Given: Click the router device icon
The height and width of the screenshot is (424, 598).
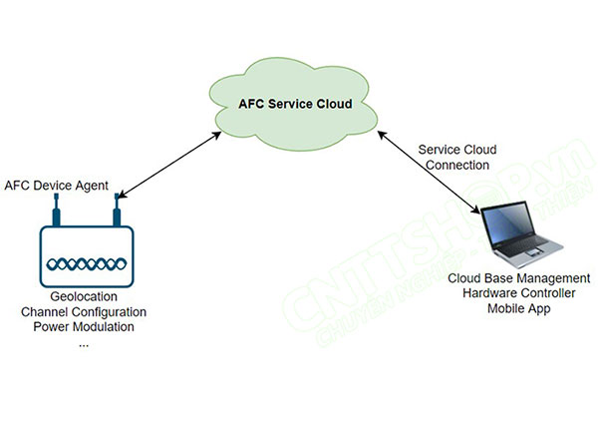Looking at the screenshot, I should coord(84,256).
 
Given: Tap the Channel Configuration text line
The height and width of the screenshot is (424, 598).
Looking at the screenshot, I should coord(84,313).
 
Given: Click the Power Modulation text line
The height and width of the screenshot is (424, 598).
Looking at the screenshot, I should coord(84,327).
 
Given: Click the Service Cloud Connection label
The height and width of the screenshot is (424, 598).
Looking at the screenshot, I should coord(455,157).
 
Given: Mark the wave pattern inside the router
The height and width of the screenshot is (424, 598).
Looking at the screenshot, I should coord(84,263).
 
